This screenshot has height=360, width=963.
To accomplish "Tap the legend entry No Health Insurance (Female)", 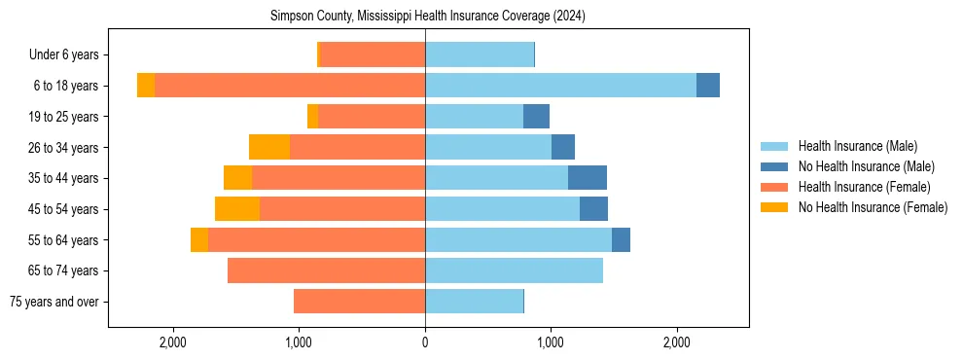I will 873,207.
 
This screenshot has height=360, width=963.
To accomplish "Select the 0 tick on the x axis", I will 425,342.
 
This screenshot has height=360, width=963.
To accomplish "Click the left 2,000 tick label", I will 173,342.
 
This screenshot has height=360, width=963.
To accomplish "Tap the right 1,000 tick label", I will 551,342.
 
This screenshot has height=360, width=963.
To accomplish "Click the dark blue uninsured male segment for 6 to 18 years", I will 708,86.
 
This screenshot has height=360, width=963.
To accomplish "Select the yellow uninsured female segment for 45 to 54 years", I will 237,209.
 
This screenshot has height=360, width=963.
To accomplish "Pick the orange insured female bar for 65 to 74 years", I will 326,270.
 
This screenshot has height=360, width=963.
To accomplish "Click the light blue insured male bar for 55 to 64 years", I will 518,239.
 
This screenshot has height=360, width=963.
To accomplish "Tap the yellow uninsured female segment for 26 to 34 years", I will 269,147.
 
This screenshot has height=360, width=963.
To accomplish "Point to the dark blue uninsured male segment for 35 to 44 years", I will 588,178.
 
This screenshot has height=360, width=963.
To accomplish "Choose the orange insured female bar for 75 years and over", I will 359,302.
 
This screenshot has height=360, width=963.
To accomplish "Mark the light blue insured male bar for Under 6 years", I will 480,55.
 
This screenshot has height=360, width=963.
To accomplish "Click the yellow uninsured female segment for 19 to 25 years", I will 312,117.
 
